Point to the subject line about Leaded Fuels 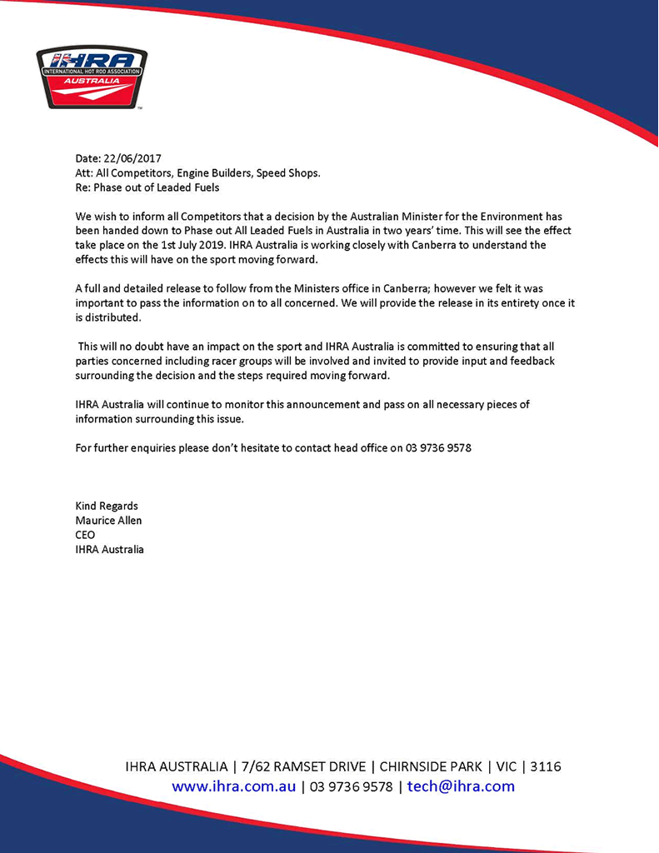coord(147,187)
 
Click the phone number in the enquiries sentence coord(439,447)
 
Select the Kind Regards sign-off coord(107,506)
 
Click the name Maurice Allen coord(108,521)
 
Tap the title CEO coord(85,535)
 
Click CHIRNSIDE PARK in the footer coord(430,766)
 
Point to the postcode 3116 coord(545,766)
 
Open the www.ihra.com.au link coord(234,786)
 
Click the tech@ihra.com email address coord(461,786)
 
